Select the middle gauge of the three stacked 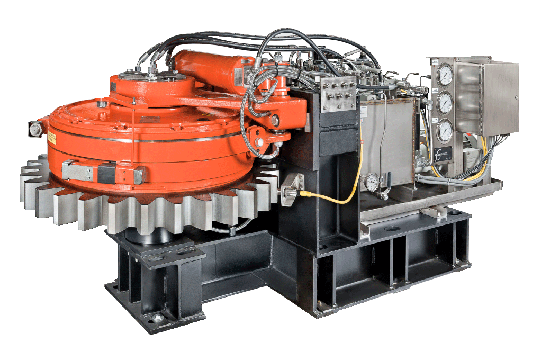click(x=445, y=102)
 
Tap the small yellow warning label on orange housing click(x=54, y=139)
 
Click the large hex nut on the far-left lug click(x=35, y=129)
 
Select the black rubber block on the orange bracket click(x=106, y=172)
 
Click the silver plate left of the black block click(x=77, y=170)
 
